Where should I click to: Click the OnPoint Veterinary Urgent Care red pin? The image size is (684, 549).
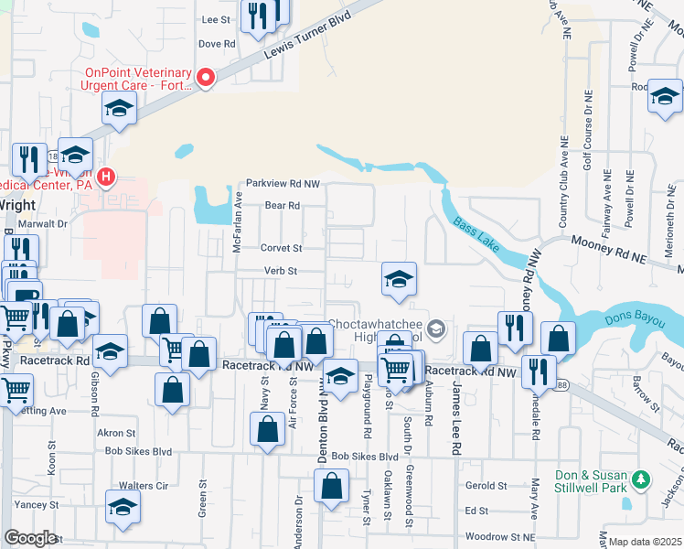(206, 79)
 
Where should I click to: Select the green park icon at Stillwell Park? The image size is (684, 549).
(641, 479)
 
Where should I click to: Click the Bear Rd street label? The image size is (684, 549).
(283, 206)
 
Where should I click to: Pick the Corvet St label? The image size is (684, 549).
(281, 248)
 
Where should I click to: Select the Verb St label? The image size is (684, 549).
(281, 271)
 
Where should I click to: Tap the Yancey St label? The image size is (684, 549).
(37, 504)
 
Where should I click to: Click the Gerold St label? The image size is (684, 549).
(486, 486)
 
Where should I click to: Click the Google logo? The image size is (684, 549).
(30, 538)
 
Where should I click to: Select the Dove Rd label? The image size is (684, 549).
(217, 43)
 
